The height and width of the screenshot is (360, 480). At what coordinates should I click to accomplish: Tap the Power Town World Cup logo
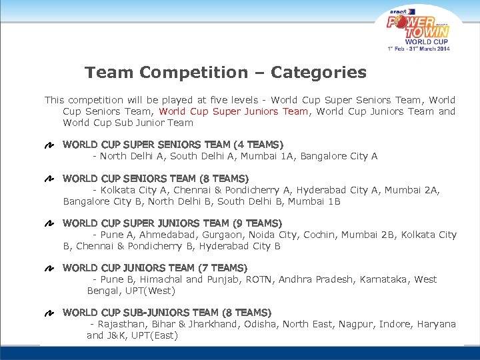[419, 28]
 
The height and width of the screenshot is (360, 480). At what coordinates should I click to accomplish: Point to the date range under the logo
[419, 49]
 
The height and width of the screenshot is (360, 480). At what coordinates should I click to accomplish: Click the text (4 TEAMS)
[259, 145]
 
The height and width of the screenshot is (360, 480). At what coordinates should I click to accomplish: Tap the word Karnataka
[383, 279]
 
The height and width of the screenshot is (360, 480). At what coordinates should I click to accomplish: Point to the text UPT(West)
[152, 291]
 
